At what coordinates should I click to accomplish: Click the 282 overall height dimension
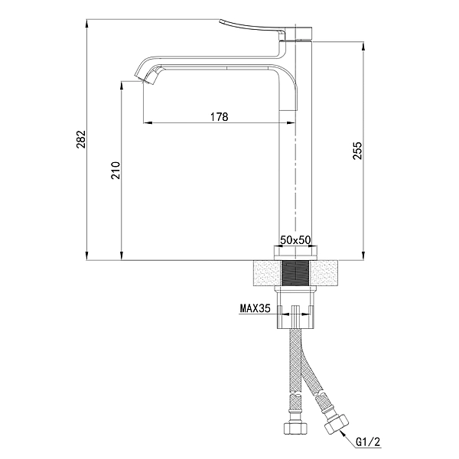pos(81,139)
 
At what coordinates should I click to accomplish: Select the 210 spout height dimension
pos(116,170)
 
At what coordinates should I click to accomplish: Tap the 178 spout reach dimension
pos(220,117)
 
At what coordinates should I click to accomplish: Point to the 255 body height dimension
pos(357,151)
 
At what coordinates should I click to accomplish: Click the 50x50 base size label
pos(295,240)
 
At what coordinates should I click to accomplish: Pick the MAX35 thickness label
pos(256,308)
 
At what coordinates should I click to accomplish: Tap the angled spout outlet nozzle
pos(148,76)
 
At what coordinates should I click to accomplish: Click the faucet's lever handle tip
pos(221,21)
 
